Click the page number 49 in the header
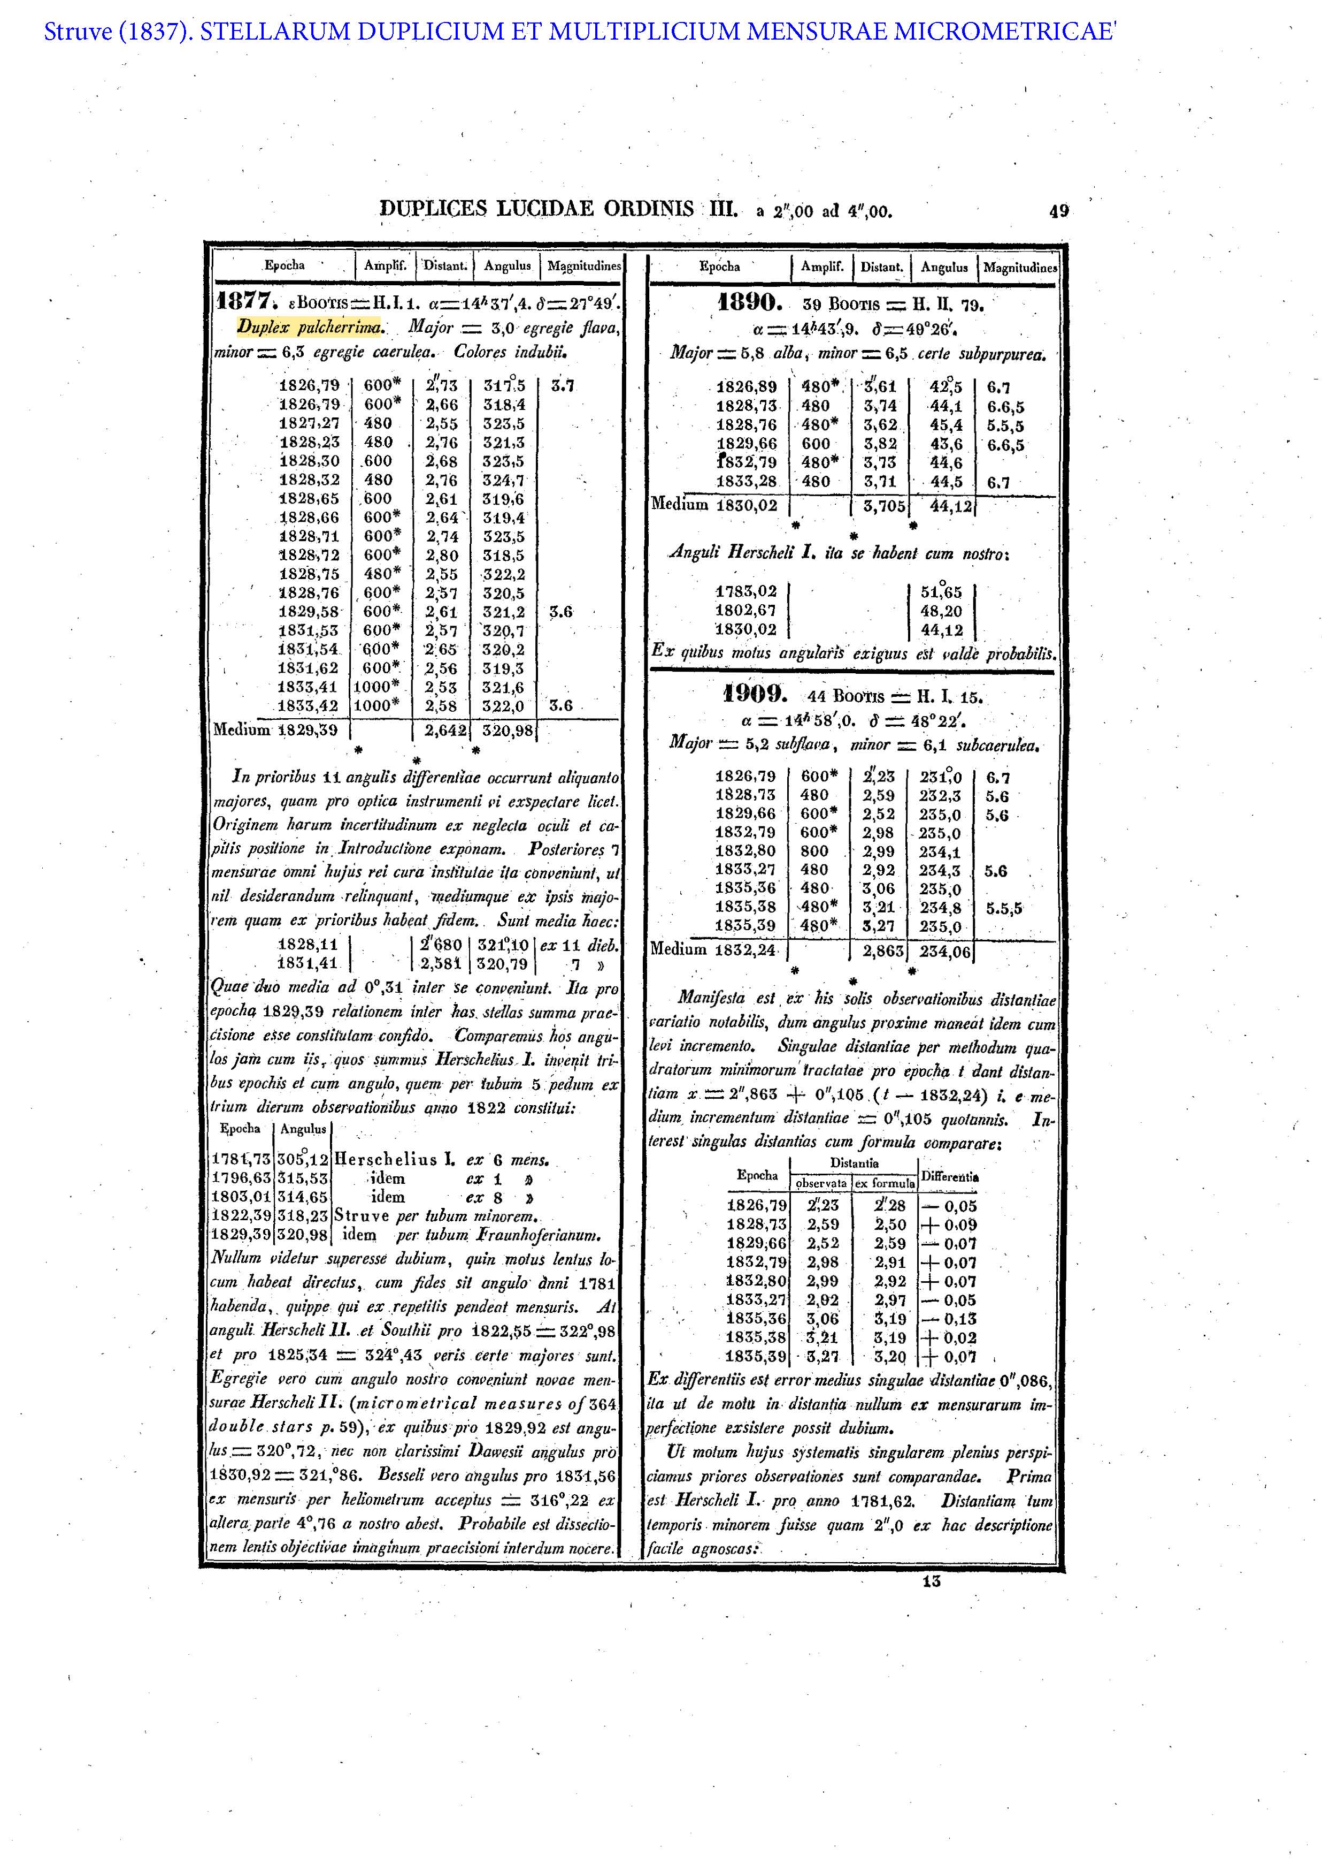pyautogui.click(x=1058, y=212)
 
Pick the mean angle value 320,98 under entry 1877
pyautogui.click(x=505, y=730)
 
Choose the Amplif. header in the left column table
pyautogui.click(x=385, y=265)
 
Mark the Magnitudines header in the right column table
pyautogui.click(x=1020, y=267)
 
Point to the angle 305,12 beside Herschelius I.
pyautogui.click(x=303, y=1160)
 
